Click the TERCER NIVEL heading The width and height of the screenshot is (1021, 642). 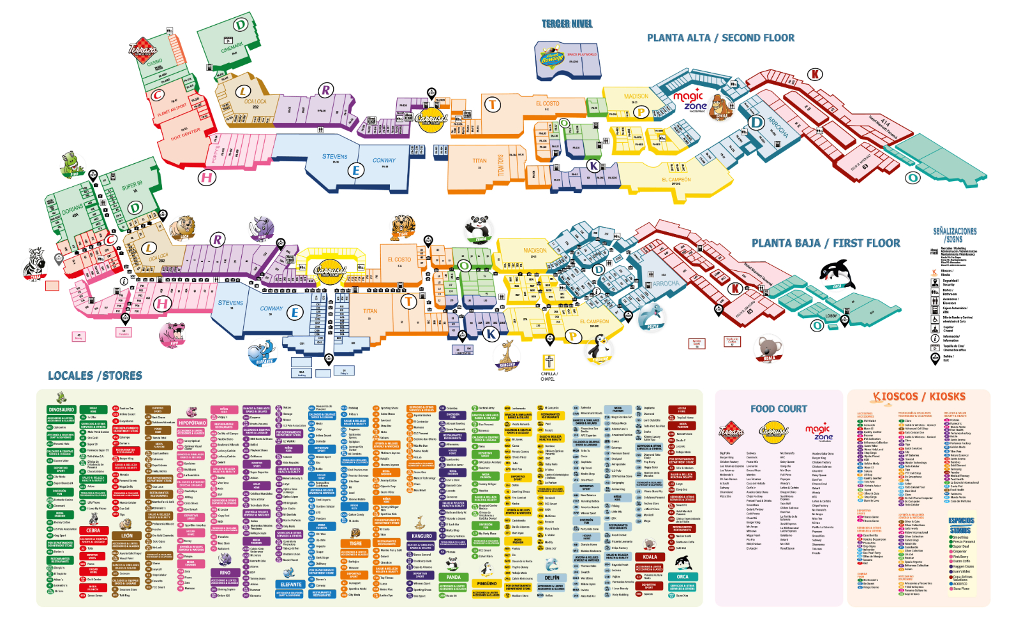tap(567, 24)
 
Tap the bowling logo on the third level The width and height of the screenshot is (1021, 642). tap(553, 58)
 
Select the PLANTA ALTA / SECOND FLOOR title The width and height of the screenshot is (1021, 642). tap(720, 38)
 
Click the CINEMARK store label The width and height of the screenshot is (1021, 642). tap(232, 47)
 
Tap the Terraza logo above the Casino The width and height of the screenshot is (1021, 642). tap(142, 50)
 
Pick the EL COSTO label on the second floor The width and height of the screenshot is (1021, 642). tap(547, 103)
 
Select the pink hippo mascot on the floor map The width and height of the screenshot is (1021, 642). tap(173, 333)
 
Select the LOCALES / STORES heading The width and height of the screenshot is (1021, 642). tap(95, 376)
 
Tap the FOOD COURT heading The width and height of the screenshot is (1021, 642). tap(779, 409)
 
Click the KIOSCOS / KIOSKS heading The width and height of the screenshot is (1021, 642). tap(920, 397)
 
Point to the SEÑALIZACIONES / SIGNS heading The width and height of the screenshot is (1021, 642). tap(955, 235)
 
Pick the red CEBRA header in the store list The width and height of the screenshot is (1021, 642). tap(93, 530)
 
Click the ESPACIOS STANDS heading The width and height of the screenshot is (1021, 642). tap(961, 525)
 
